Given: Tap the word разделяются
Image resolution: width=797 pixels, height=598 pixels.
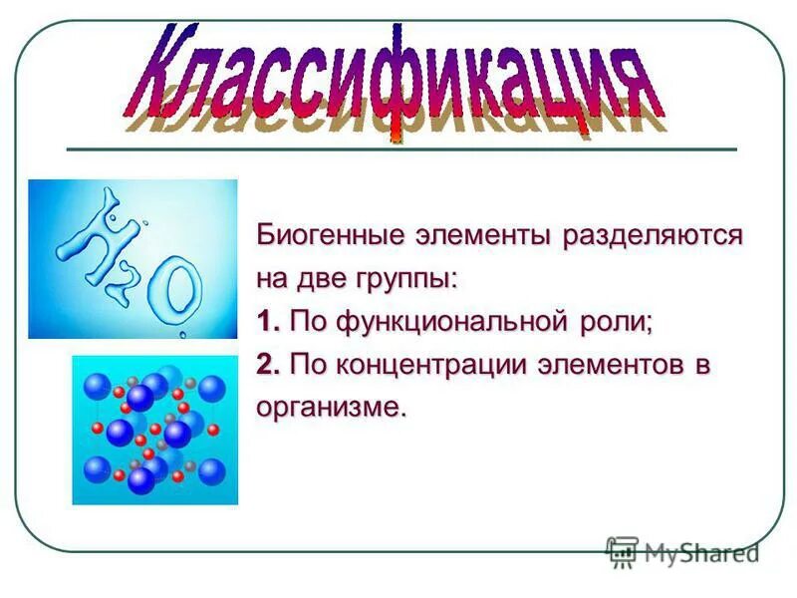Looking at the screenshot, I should tap(653, 237).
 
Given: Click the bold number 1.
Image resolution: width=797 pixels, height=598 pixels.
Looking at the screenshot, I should tap(264, 323).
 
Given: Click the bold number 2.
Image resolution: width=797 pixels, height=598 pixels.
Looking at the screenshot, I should tap(265, 366).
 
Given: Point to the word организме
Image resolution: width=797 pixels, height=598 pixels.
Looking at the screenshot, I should tap(331, 408).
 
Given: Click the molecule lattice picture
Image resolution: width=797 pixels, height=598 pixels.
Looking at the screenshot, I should tap(155, 430).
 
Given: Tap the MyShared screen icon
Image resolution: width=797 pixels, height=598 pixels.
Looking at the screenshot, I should tap(622, 552).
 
